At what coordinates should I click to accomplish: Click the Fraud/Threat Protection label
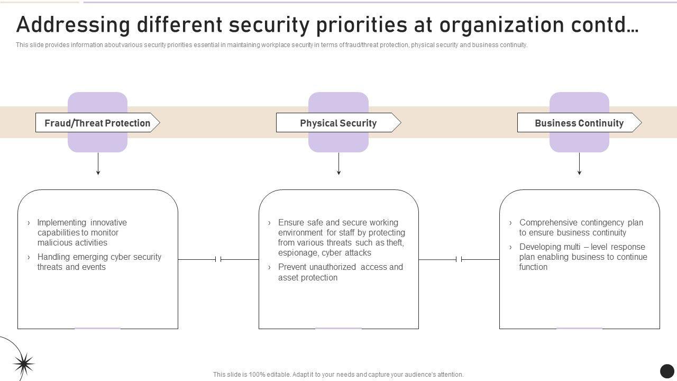click(x=97, y=123)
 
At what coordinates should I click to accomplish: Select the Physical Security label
click(x=338, y=123)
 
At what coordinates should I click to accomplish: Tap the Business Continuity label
click(x=579, y=123)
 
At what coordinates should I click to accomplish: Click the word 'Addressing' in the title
click(x=73, y=25)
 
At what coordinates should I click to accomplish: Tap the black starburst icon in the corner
click(x=23, y=364)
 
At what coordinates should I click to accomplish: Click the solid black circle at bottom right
click(x=667, y=371)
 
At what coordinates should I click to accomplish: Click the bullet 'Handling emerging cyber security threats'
click(x=99, y=262)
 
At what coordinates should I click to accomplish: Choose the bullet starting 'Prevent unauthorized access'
click(x=340, y=272)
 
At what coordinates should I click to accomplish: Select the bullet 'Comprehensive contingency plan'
click(x=581, y=228)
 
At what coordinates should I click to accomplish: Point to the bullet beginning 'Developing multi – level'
click(x=583, y=257)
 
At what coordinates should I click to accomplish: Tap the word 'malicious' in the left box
click(x=54, y=243)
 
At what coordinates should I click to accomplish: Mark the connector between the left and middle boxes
click(x=218, y=259)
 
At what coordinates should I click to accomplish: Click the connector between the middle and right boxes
click(x=459, y=259)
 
